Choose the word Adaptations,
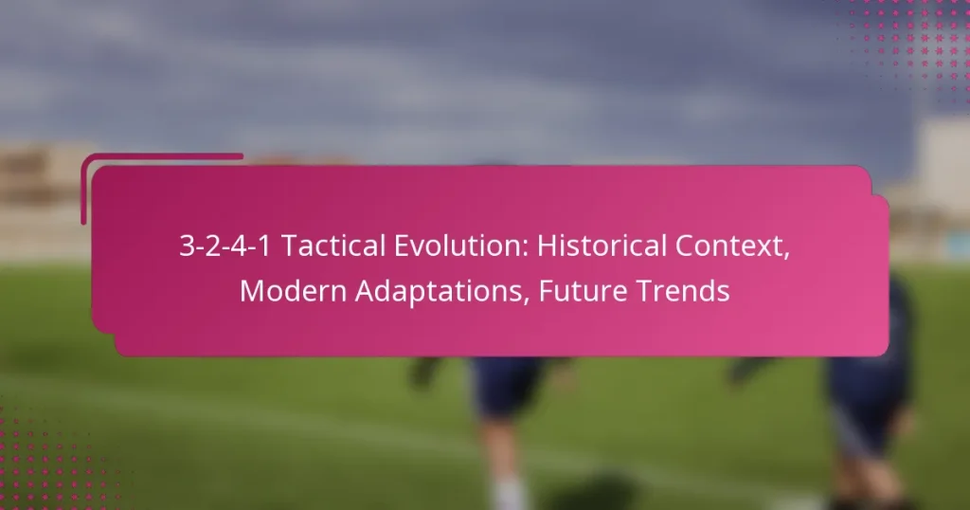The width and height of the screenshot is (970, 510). click(437, 292)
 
